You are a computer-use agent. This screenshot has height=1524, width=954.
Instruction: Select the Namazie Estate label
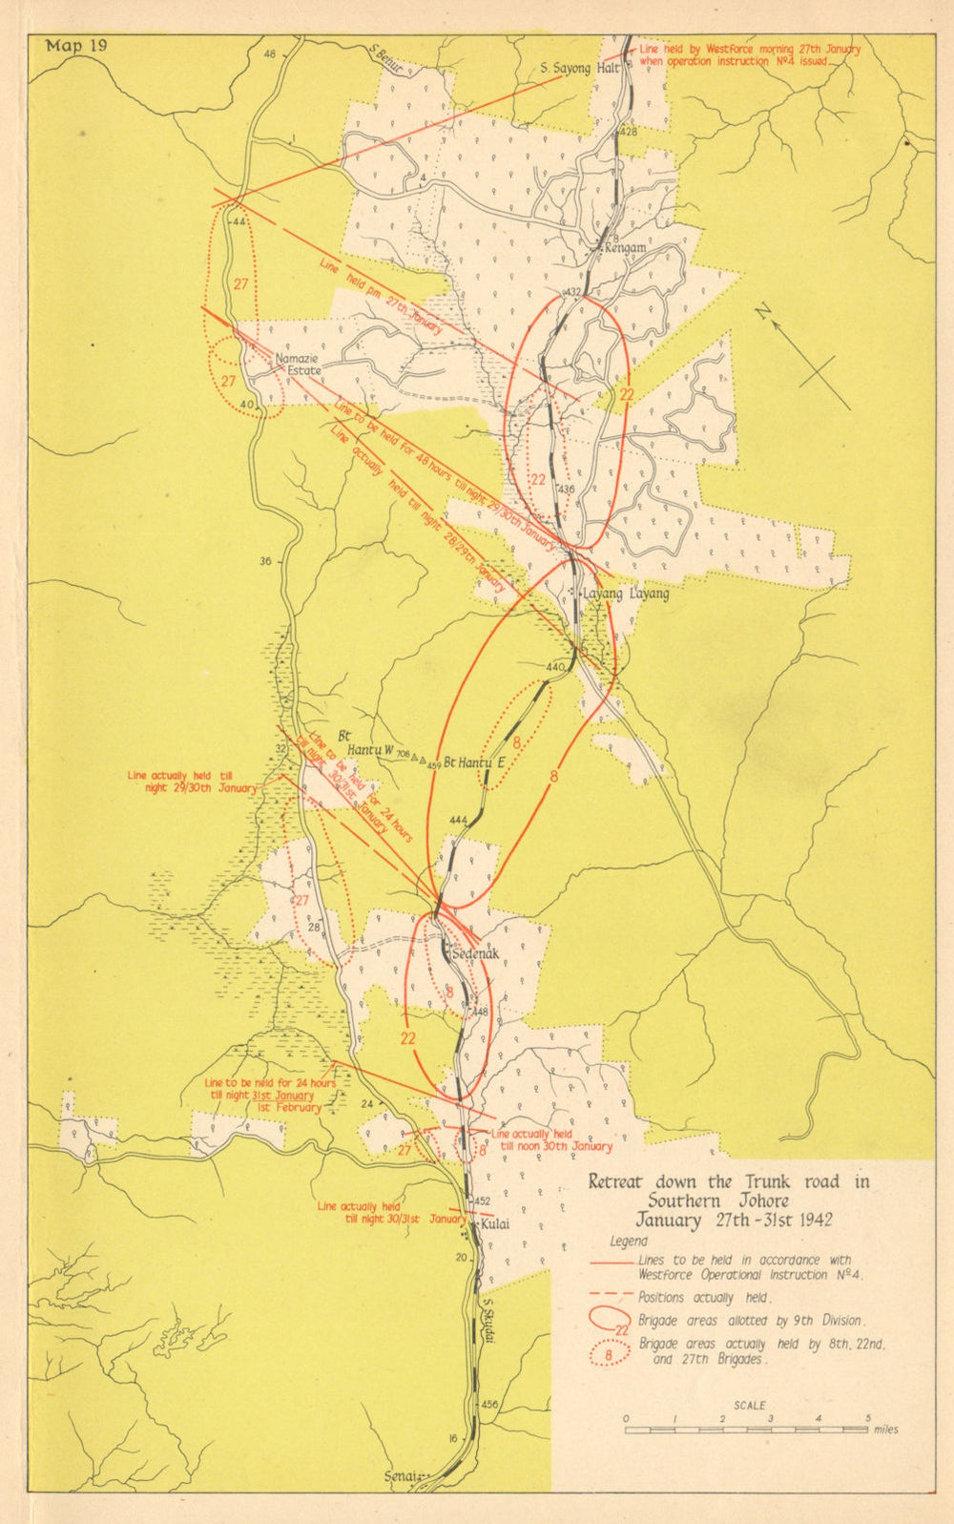tap(298, 365)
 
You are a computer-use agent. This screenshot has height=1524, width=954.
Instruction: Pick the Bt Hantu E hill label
tap(474, 762)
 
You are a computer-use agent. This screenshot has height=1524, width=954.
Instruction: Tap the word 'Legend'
tap(629, 1242)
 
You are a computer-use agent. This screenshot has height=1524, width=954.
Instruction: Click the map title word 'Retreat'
tap(615, 1182)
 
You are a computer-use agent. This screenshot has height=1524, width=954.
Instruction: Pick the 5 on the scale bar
tap(867, 1419)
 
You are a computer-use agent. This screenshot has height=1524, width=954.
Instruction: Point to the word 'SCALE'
tap(749, 1406)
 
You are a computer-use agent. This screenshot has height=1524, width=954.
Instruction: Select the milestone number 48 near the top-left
tap(269, 54)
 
